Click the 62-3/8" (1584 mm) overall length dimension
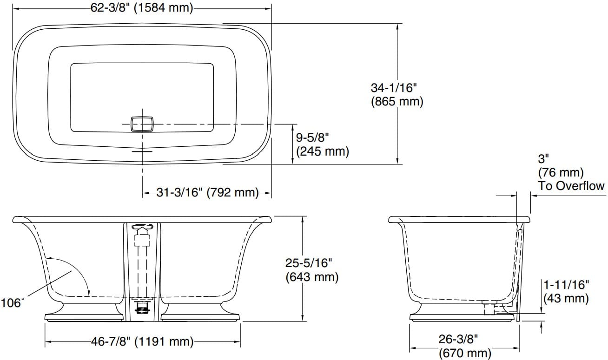tap(142, 8)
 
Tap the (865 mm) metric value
tap(397, 102)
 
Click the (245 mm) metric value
tap(322, 151)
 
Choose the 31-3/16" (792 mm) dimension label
tap(207, 193)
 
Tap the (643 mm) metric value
tap(311, 277)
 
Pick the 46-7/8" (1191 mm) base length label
tap(142, 342)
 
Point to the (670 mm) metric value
tap(464, 353)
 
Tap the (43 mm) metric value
tap(566, 298)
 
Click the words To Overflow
tap(571, 186)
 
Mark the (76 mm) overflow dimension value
tap(560, 172)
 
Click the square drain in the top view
tap(142, 124)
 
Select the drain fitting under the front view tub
tap(142, 308)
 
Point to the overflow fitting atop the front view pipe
tap(142, 228)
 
